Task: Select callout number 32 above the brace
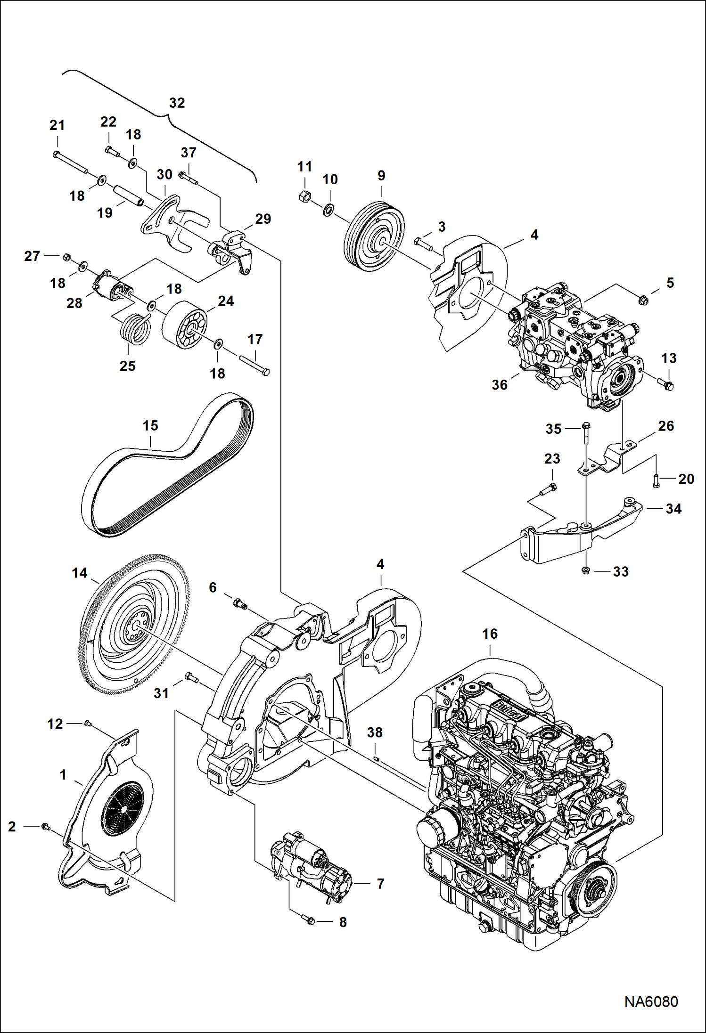(x=177, y=103)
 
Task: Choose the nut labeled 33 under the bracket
(x=586, y=571)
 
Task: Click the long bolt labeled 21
(x=71, y=163)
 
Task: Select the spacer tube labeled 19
(x=128, y=195)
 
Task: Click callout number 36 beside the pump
(x=500, y=385)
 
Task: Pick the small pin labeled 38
(x=377, y=758)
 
